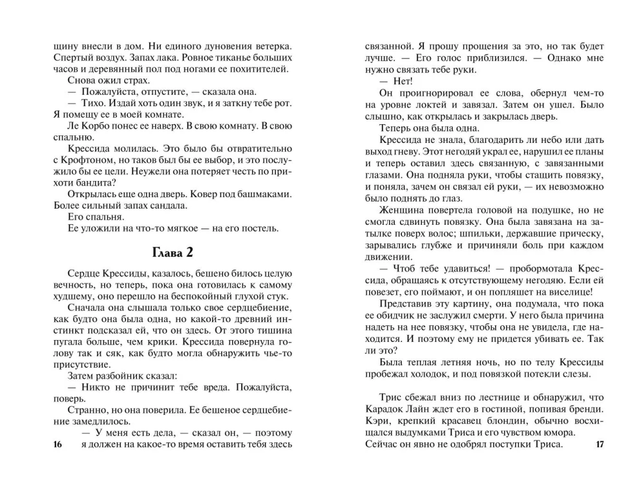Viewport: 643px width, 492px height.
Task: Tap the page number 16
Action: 57,444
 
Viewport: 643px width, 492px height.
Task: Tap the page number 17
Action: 600,444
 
